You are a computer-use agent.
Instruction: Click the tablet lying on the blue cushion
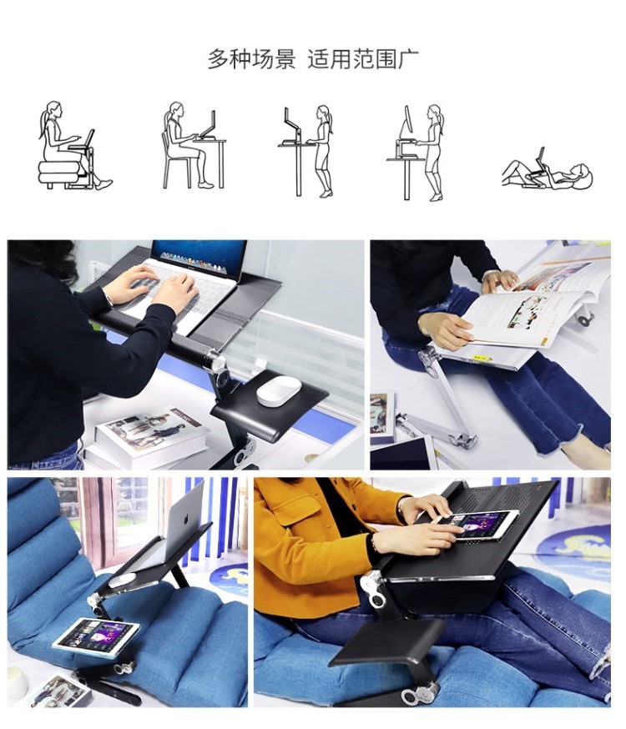(x=96, y=636)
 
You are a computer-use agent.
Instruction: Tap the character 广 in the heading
(x=408, y=59)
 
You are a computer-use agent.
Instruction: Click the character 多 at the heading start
(x=218, y=59)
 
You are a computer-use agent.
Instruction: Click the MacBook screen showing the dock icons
(x=199, y=256)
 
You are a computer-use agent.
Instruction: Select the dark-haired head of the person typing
(x=43, y=260)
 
